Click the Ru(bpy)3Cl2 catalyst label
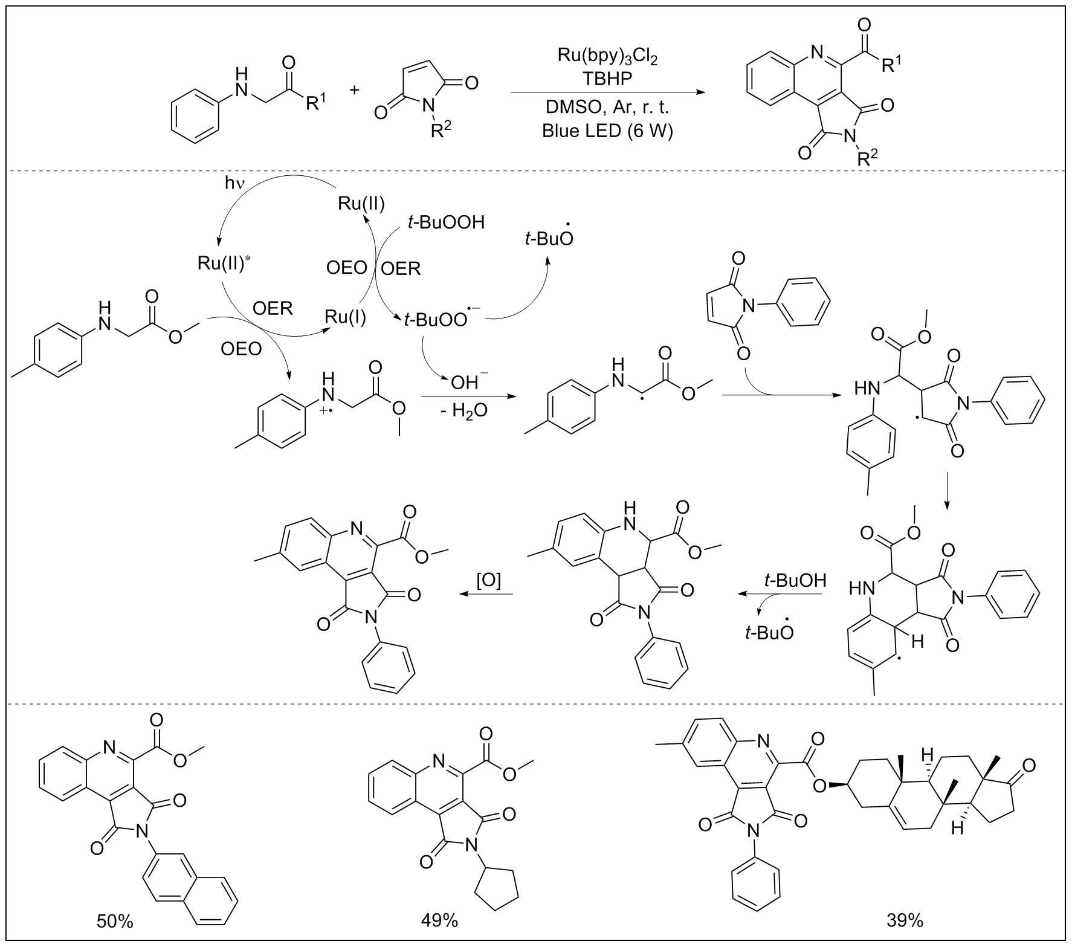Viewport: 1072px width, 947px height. point(607,57)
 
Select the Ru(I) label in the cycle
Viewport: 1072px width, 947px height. point(345,317)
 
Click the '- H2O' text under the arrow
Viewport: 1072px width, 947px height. point(462,413)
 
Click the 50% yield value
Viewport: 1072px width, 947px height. point(115,921)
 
